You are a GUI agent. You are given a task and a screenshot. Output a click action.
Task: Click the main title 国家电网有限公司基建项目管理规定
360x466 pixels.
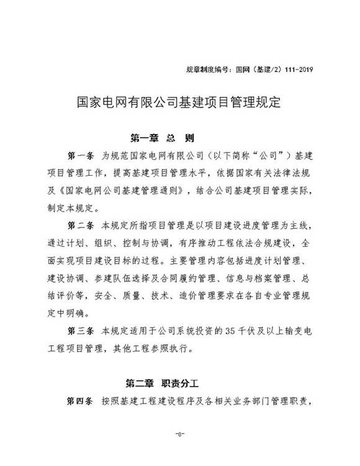pyautogui.click(x=179, y=101)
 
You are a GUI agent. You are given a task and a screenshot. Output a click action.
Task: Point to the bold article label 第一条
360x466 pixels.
pyautogui.click(x=79, y=153)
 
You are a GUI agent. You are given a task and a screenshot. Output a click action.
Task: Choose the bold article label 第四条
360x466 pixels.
pyautogui.click(x=79, y=401)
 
